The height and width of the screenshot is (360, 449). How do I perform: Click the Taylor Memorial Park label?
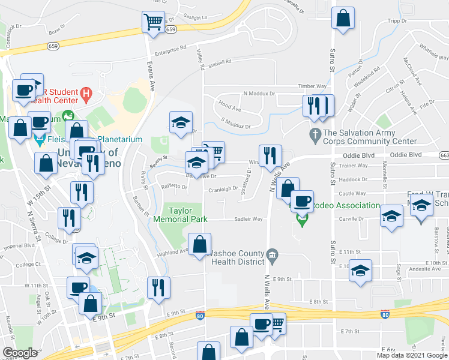pyautogui.click(x=188, y=215)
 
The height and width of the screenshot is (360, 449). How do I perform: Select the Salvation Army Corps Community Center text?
pyautogui.click(x=369, y=137)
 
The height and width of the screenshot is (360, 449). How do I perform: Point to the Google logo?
pyautogui.click(x=19, y=353)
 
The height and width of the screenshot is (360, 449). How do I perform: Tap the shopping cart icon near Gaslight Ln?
pyautogui.click(x=153, y=23)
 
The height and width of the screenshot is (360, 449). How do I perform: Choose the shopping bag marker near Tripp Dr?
pyautogui.click(x=343, y=19)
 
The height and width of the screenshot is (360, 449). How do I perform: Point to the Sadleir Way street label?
pyautogui.click(x=249, y=219)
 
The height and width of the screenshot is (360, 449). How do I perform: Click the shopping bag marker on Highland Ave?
pyautogui.click(x=200, y=245)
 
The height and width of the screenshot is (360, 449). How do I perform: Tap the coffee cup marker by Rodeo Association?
pyautogui.click(x=301, y=202)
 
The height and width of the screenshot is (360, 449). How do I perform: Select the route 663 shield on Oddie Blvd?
pyautogui.click(x=444, y=154)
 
